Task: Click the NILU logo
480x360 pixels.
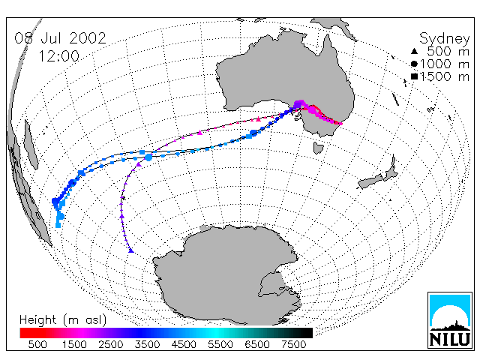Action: click(x=450, y=320)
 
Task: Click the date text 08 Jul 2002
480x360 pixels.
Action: click(x=60, y=38)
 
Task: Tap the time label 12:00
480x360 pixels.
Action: click(x=58, y=56)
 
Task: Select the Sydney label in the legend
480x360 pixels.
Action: click(x=444, y=39)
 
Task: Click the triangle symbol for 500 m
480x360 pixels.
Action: click(x=414, y=51)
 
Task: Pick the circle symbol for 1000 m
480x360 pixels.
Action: click(x=414, y=64)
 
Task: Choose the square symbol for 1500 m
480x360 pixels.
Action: click(x=414, y=76)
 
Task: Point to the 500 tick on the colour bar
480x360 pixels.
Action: click(x=37, y=344)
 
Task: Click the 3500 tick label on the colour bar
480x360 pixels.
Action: click(x=147, y=344)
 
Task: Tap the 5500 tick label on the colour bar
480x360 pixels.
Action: click(x=220, y=344)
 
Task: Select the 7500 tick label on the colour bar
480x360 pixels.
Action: click(x=293, y=344)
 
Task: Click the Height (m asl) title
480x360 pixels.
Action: click(x=63, y=320)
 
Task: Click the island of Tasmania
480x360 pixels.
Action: click(x=318, y=148)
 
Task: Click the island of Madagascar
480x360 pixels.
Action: click(x=31, y=145)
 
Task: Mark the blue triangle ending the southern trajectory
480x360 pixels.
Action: click(x=131, y=250)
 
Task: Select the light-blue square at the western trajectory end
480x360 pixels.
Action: click(x=58, y=225)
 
